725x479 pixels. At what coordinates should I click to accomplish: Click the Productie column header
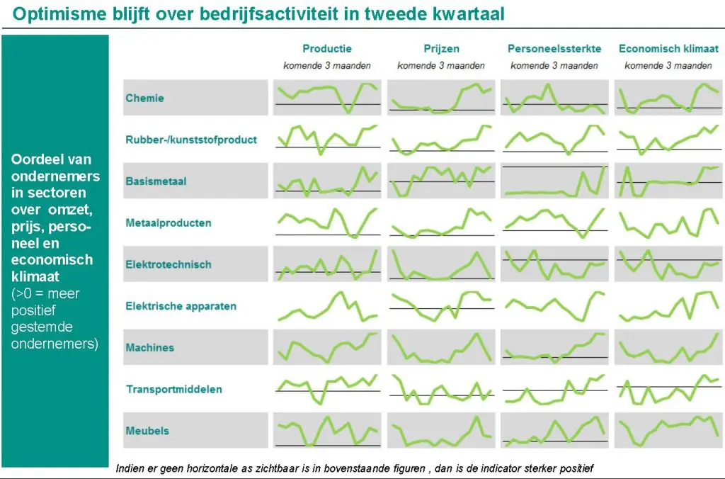tap(326, 49)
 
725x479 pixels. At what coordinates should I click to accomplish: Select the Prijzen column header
tap(440, 49)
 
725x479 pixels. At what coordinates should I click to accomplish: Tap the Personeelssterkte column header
tap(554, 49)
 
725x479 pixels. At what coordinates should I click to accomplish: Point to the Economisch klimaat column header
tap(668, 49)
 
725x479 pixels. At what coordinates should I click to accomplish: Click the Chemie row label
tap(144, 98)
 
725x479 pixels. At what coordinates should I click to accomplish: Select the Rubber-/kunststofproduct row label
tap(191, 140)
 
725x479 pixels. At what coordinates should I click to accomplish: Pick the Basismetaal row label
tap(156, 181)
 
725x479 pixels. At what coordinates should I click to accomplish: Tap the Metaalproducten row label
tap(169, 222)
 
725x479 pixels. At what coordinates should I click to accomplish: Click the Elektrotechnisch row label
tap(169, 264)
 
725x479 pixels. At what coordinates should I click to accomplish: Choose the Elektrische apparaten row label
tap(181, 306)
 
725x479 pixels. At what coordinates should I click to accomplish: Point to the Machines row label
tap(149, 348)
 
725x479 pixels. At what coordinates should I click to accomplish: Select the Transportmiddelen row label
tap(173, 389)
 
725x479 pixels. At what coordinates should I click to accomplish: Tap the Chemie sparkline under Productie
tap(327, 98)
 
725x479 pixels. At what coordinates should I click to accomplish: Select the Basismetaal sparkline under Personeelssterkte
tap(554, 181)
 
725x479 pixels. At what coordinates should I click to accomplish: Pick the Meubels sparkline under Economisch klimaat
tap(668, 431)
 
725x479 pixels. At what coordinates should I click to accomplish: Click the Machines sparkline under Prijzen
tap(440, 348)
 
